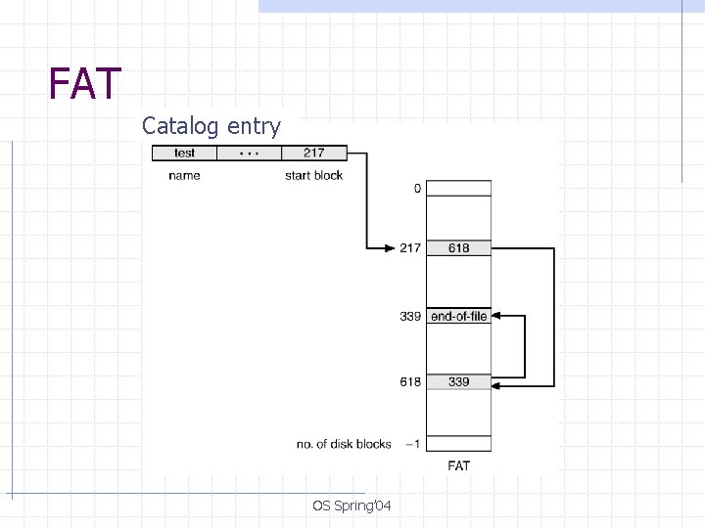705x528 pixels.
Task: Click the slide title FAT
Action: coord(85,84)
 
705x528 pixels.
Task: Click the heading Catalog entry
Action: coord(211,126)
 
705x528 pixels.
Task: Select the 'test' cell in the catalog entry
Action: coord(184,153)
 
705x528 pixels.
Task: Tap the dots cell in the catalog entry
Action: coord(249,153)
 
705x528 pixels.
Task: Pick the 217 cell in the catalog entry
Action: coord(313,153)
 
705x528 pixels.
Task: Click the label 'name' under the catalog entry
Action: coord(184,175)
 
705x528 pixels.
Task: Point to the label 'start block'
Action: coord(313,175)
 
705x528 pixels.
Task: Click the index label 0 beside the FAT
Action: coord(417,188)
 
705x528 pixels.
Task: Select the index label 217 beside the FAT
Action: coord(410,248)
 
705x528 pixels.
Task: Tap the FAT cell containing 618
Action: coord(458,248)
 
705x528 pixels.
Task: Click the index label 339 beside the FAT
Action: coord(410,316)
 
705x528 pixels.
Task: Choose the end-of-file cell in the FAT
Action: coord(458,316)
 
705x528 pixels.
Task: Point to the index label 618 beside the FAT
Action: coord(410,381)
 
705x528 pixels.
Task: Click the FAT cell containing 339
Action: coord(458,381)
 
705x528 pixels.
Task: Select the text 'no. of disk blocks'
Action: coord(344,444)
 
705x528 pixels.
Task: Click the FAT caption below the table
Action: coord(458,466)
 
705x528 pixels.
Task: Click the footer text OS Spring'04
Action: coord(352,506)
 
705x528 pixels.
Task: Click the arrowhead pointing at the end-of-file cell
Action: coord(495,316)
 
